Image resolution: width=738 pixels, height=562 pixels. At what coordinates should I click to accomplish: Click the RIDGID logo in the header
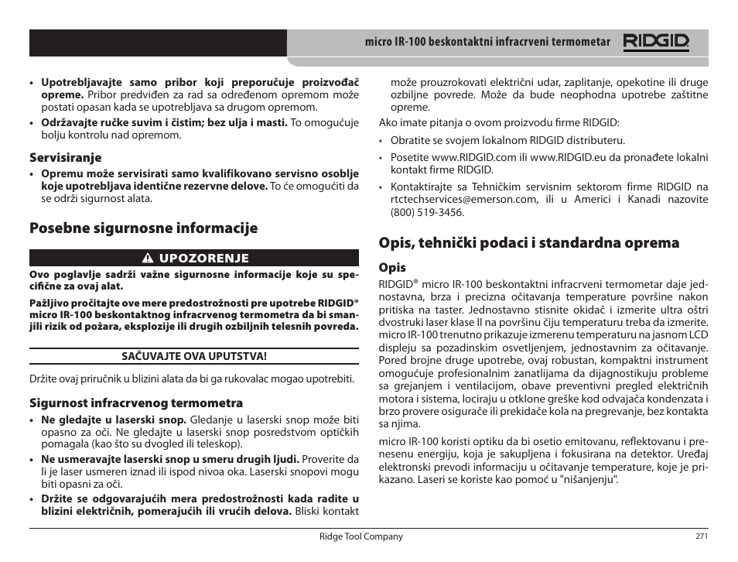click(x=656, y=43)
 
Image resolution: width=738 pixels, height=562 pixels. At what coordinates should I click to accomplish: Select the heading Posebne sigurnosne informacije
click(x=143, y=228)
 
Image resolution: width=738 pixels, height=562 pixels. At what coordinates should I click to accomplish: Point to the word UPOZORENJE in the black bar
click(x=204, y=259)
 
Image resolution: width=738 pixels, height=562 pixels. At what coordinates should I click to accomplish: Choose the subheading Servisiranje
click(x=66, y=158)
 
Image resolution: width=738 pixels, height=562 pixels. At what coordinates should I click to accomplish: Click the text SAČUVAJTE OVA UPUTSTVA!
click(x=194, y=357)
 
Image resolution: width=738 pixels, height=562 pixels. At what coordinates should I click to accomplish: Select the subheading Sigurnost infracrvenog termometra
click(x=136, y=403)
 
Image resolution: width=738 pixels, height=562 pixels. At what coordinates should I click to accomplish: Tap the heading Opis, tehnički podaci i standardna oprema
click(x=528, y=242)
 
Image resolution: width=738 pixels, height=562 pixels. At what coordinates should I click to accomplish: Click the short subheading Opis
click(x=392, y=268)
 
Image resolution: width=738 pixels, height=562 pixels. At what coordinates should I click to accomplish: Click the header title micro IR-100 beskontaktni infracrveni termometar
click(x=487, y=43)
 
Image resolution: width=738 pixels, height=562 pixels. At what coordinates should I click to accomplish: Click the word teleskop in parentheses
click(x=220, y=444)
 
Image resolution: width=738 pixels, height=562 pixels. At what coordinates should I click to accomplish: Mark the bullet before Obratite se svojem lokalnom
click(x=381, y=141)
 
